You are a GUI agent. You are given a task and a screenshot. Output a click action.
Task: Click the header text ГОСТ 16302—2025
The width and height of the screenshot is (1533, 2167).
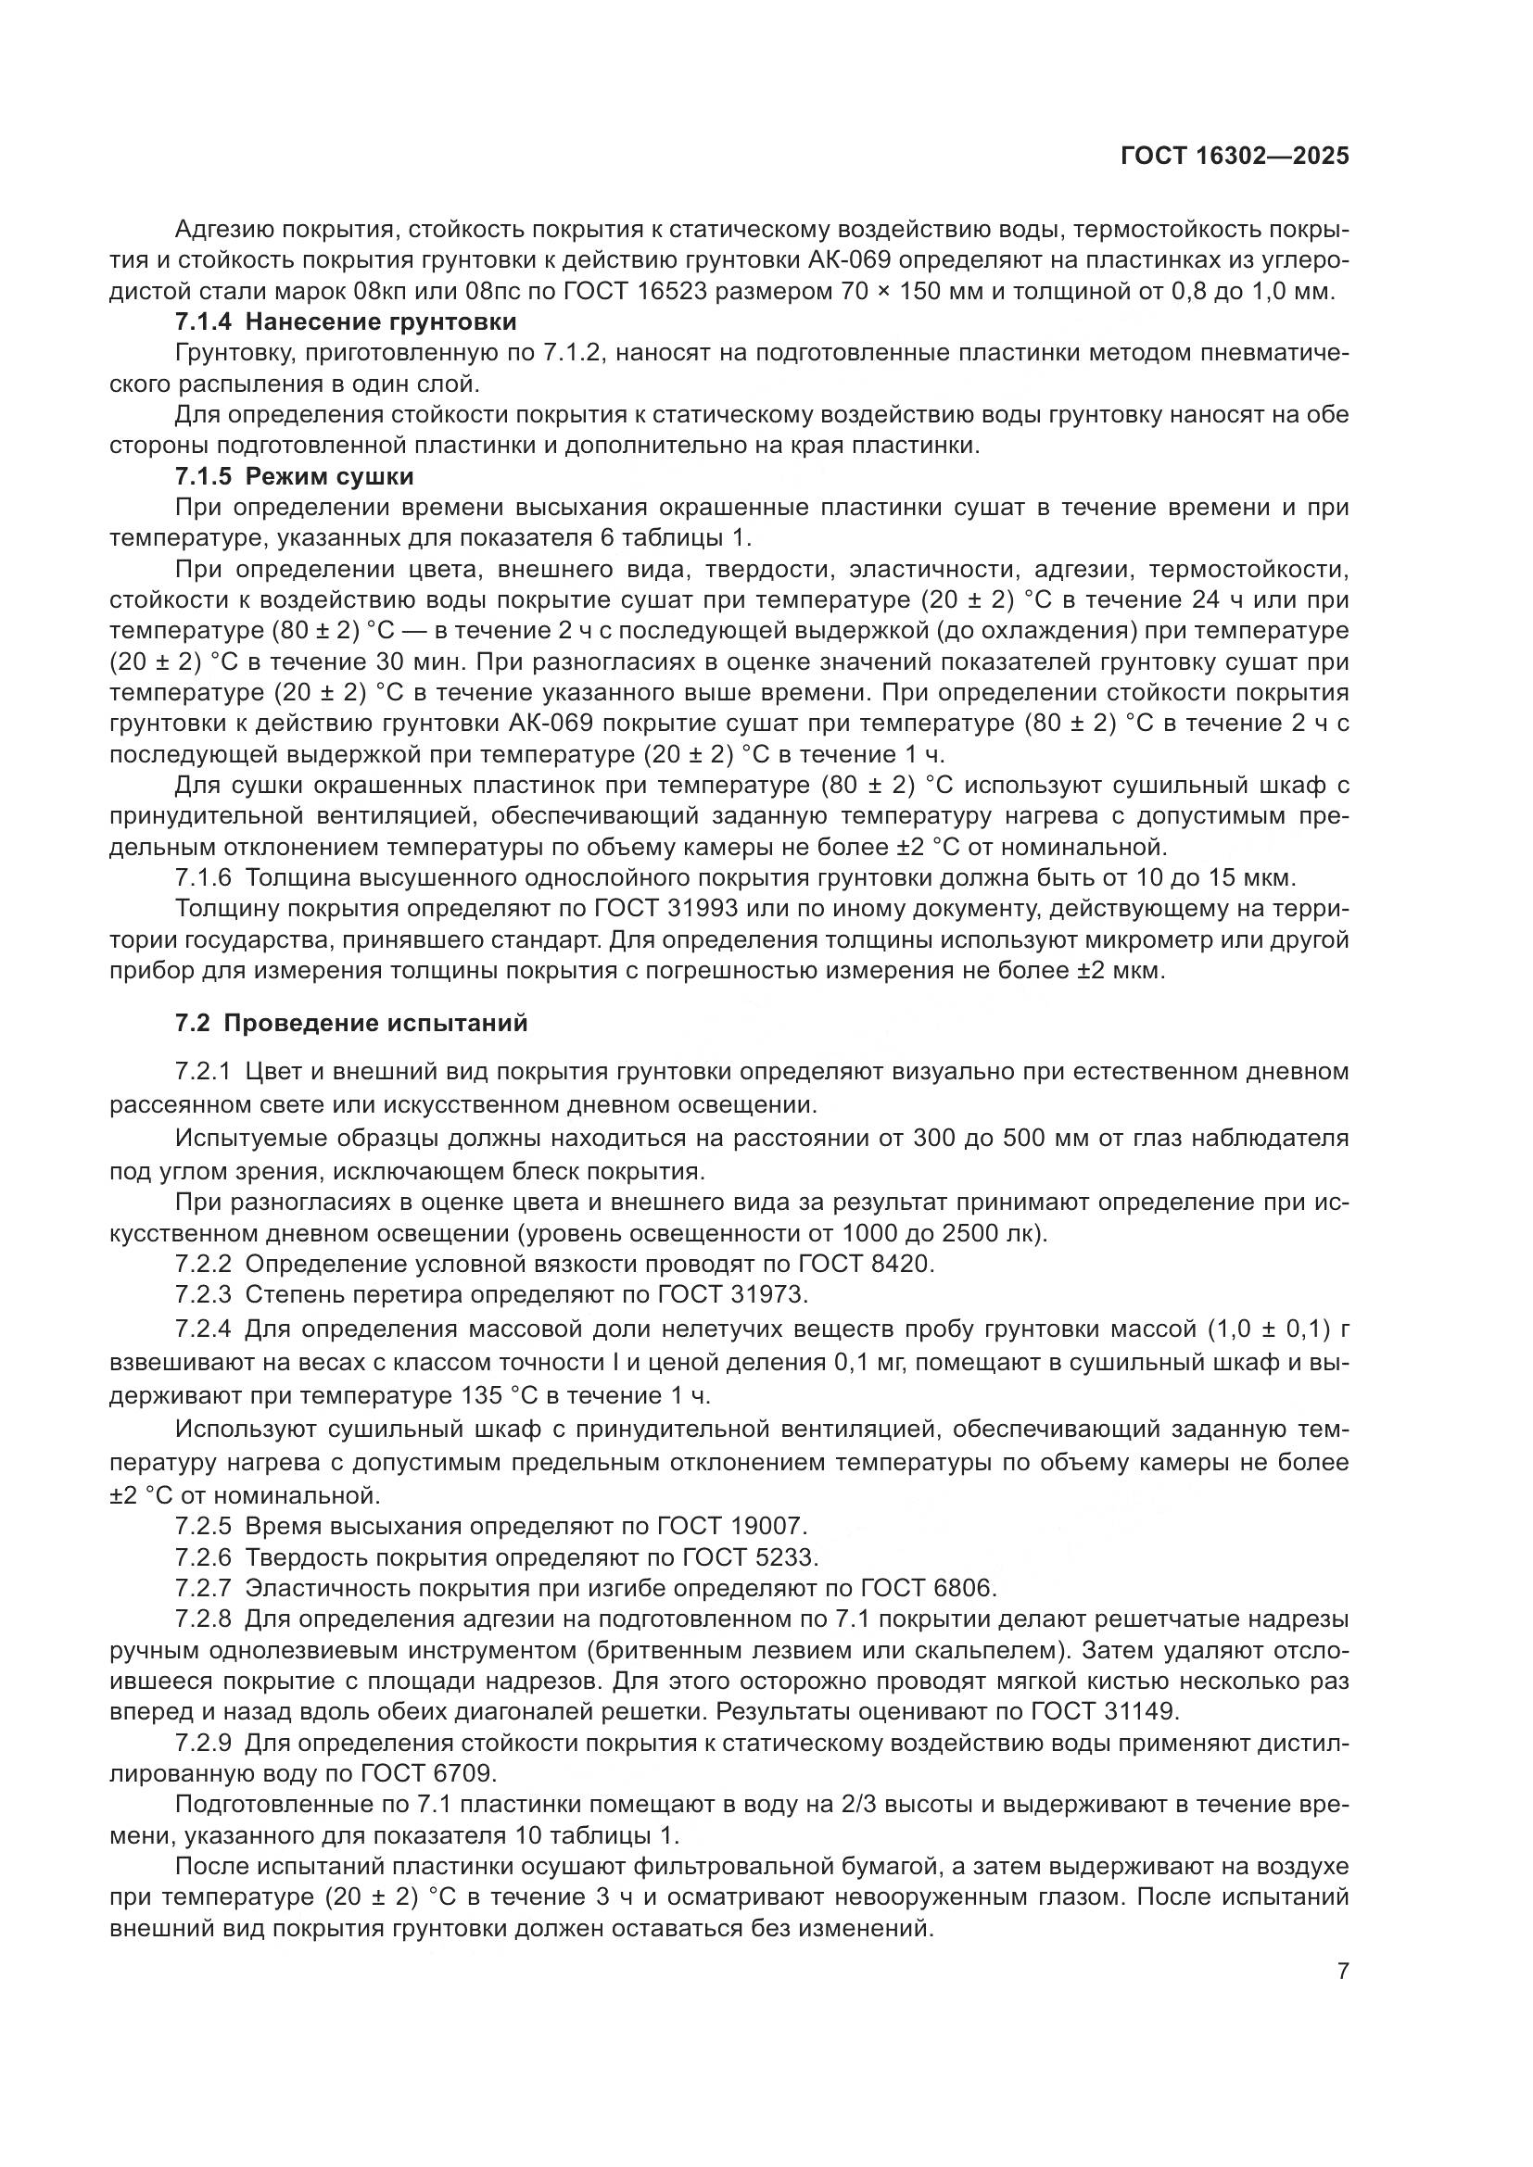pyautogui.click(x=1235, y=157)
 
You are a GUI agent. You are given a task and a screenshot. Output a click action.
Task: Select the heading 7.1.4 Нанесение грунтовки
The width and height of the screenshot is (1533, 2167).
pyautogui.click(x=346, y=321)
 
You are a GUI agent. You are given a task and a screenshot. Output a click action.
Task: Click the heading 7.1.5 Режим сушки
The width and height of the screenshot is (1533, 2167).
pyautogui.click(x=295, y=475)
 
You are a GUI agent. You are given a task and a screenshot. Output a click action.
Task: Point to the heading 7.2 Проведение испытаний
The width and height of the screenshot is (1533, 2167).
pyautogui.click(x=351, y=1023)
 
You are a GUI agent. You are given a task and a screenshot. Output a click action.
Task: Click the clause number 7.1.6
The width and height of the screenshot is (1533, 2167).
pyautogui.click(x=203, y=877)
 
